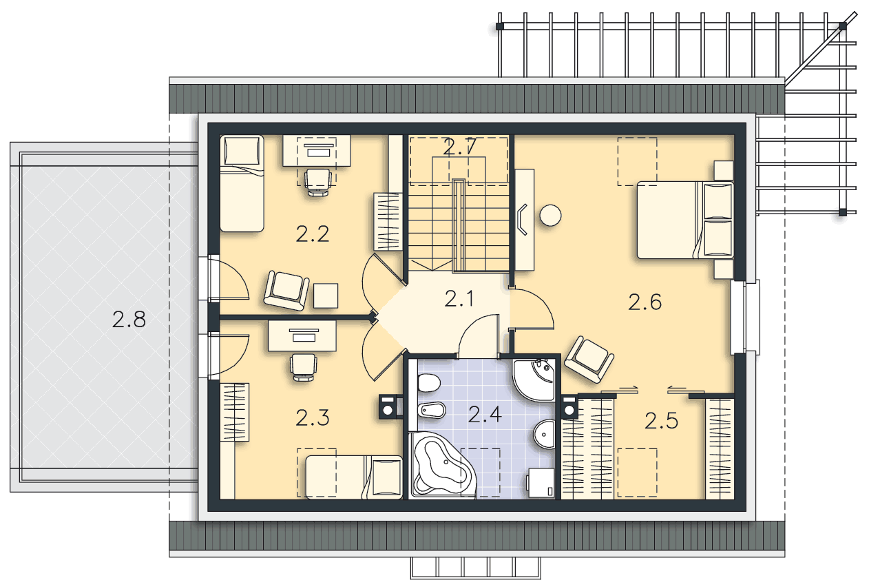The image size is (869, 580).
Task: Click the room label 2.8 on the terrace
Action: click(x=129, y=320)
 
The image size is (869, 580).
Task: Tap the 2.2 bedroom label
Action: click(x=313, y=234)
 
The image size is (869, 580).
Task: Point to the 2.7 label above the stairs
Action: click(x=459, y=147)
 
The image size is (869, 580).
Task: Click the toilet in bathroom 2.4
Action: click(x=429, y=383)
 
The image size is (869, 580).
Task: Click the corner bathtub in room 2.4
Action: click(x=442, y=465)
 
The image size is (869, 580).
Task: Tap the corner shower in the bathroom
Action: click(x=534, y=380)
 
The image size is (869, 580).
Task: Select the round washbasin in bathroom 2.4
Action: click(x=544, y=434)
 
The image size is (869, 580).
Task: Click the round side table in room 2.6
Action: click(x=550, y=215)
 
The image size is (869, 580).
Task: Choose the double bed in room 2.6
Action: click(x=685, y=220)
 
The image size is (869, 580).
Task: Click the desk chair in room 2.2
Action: click(x=318, y=182)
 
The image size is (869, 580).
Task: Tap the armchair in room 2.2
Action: click(x=286, y=290)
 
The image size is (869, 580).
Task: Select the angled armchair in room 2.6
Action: click(x=589, y=360)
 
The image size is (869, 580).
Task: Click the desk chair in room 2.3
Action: click(x=304, y=367)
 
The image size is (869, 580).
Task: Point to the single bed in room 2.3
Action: click(x=354, y=477)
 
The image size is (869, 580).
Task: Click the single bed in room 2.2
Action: click(x=242, y=183)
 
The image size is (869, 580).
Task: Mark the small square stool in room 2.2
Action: click(x=326, y=296)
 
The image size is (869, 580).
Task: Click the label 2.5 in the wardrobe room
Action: click(x=661, y=421)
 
